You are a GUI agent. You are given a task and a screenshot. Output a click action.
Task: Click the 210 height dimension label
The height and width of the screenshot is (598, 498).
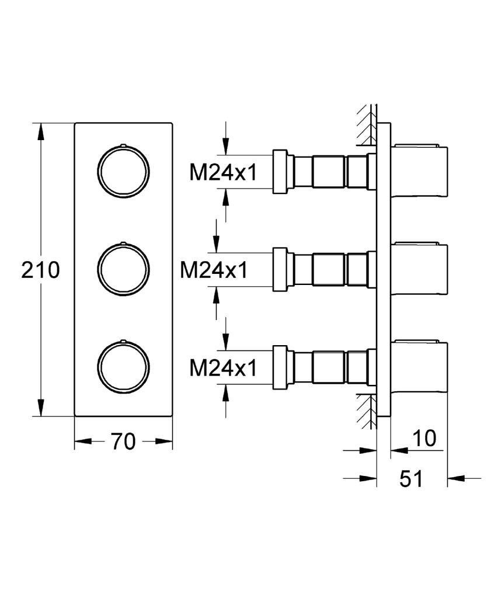40,270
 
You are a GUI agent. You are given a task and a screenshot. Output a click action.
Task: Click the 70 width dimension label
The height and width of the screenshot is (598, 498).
124,441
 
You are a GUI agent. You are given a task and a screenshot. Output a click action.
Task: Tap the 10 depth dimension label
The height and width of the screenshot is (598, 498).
424,438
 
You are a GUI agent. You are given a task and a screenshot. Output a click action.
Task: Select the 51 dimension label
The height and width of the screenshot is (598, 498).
412,479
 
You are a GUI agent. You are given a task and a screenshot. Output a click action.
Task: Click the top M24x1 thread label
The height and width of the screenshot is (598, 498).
224,172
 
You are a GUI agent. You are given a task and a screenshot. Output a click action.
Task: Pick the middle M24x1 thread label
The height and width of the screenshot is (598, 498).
214,270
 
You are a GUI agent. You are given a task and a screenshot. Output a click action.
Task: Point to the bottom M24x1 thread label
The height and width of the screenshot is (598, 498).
224,368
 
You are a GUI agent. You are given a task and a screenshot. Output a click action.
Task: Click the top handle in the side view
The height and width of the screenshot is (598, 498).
419,171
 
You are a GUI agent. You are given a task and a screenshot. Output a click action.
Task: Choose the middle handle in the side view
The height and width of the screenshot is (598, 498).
419,269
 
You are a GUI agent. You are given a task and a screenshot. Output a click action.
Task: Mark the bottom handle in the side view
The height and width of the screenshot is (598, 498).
419,367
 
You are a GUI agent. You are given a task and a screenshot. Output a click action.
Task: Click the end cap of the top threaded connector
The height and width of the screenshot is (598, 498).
280,171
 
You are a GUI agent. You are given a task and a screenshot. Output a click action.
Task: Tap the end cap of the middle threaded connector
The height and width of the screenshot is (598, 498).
280,269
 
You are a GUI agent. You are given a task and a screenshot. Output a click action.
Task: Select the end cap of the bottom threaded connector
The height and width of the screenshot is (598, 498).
280,367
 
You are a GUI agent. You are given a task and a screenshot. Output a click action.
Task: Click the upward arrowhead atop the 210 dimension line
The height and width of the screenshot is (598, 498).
40,131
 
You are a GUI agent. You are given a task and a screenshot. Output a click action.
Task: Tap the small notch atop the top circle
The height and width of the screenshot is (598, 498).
123,145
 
